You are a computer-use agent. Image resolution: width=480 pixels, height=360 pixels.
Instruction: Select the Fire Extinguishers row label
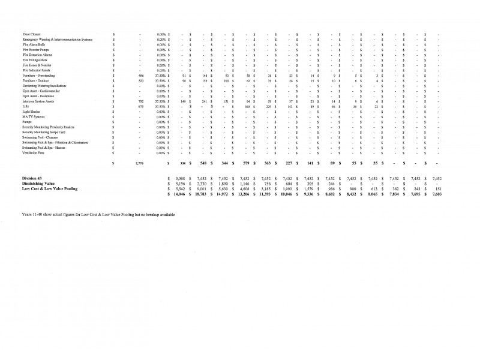click(34, 60)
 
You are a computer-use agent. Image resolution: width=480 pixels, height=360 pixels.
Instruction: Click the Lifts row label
click(25, 107)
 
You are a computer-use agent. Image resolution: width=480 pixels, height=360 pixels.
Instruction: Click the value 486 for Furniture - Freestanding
click(140, 76)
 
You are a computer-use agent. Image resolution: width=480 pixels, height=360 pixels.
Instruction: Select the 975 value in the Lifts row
click(140, 107)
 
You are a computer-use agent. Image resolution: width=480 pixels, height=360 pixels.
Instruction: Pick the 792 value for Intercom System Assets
click(140, 101)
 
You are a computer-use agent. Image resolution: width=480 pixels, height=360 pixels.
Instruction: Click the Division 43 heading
click(34, 178)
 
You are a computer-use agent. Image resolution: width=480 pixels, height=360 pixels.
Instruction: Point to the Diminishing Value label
click(40, 184)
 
